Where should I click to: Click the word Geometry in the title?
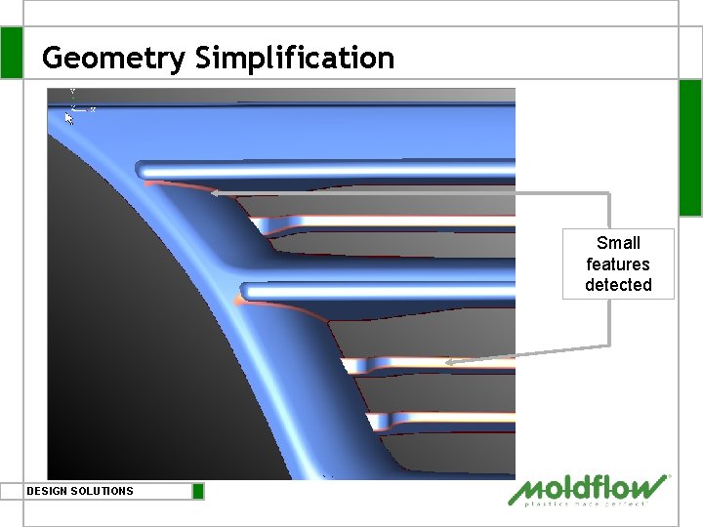113,58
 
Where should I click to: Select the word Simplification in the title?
295,58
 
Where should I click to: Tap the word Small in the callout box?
618,243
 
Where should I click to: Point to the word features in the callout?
618,263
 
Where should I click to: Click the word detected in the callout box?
618,285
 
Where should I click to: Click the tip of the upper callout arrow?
212,192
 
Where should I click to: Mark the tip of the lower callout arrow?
446,363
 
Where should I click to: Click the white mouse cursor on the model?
69,118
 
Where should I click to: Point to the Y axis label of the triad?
72,92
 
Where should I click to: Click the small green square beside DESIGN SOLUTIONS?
198,491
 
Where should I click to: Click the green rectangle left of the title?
12,53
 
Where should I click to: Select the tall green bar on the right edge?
690,146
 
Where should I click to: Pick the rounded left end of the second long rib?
247,291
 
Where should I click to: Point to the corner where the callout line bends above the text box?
609,193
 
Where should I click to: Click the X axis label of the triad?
93,109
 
